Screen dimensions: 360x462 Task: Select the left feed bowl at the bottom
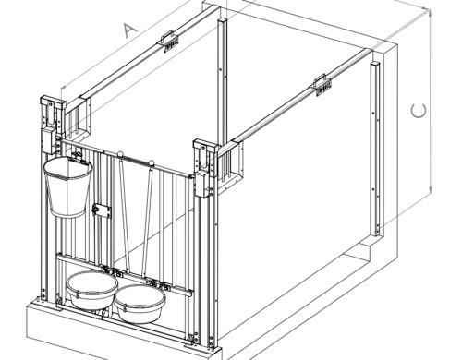91,292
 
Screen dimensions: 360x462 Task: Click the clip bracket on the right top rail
323,85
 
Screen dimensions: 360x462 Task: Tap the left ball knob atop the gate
119,154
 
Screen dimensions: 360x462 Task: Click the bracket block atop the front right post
204,161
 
